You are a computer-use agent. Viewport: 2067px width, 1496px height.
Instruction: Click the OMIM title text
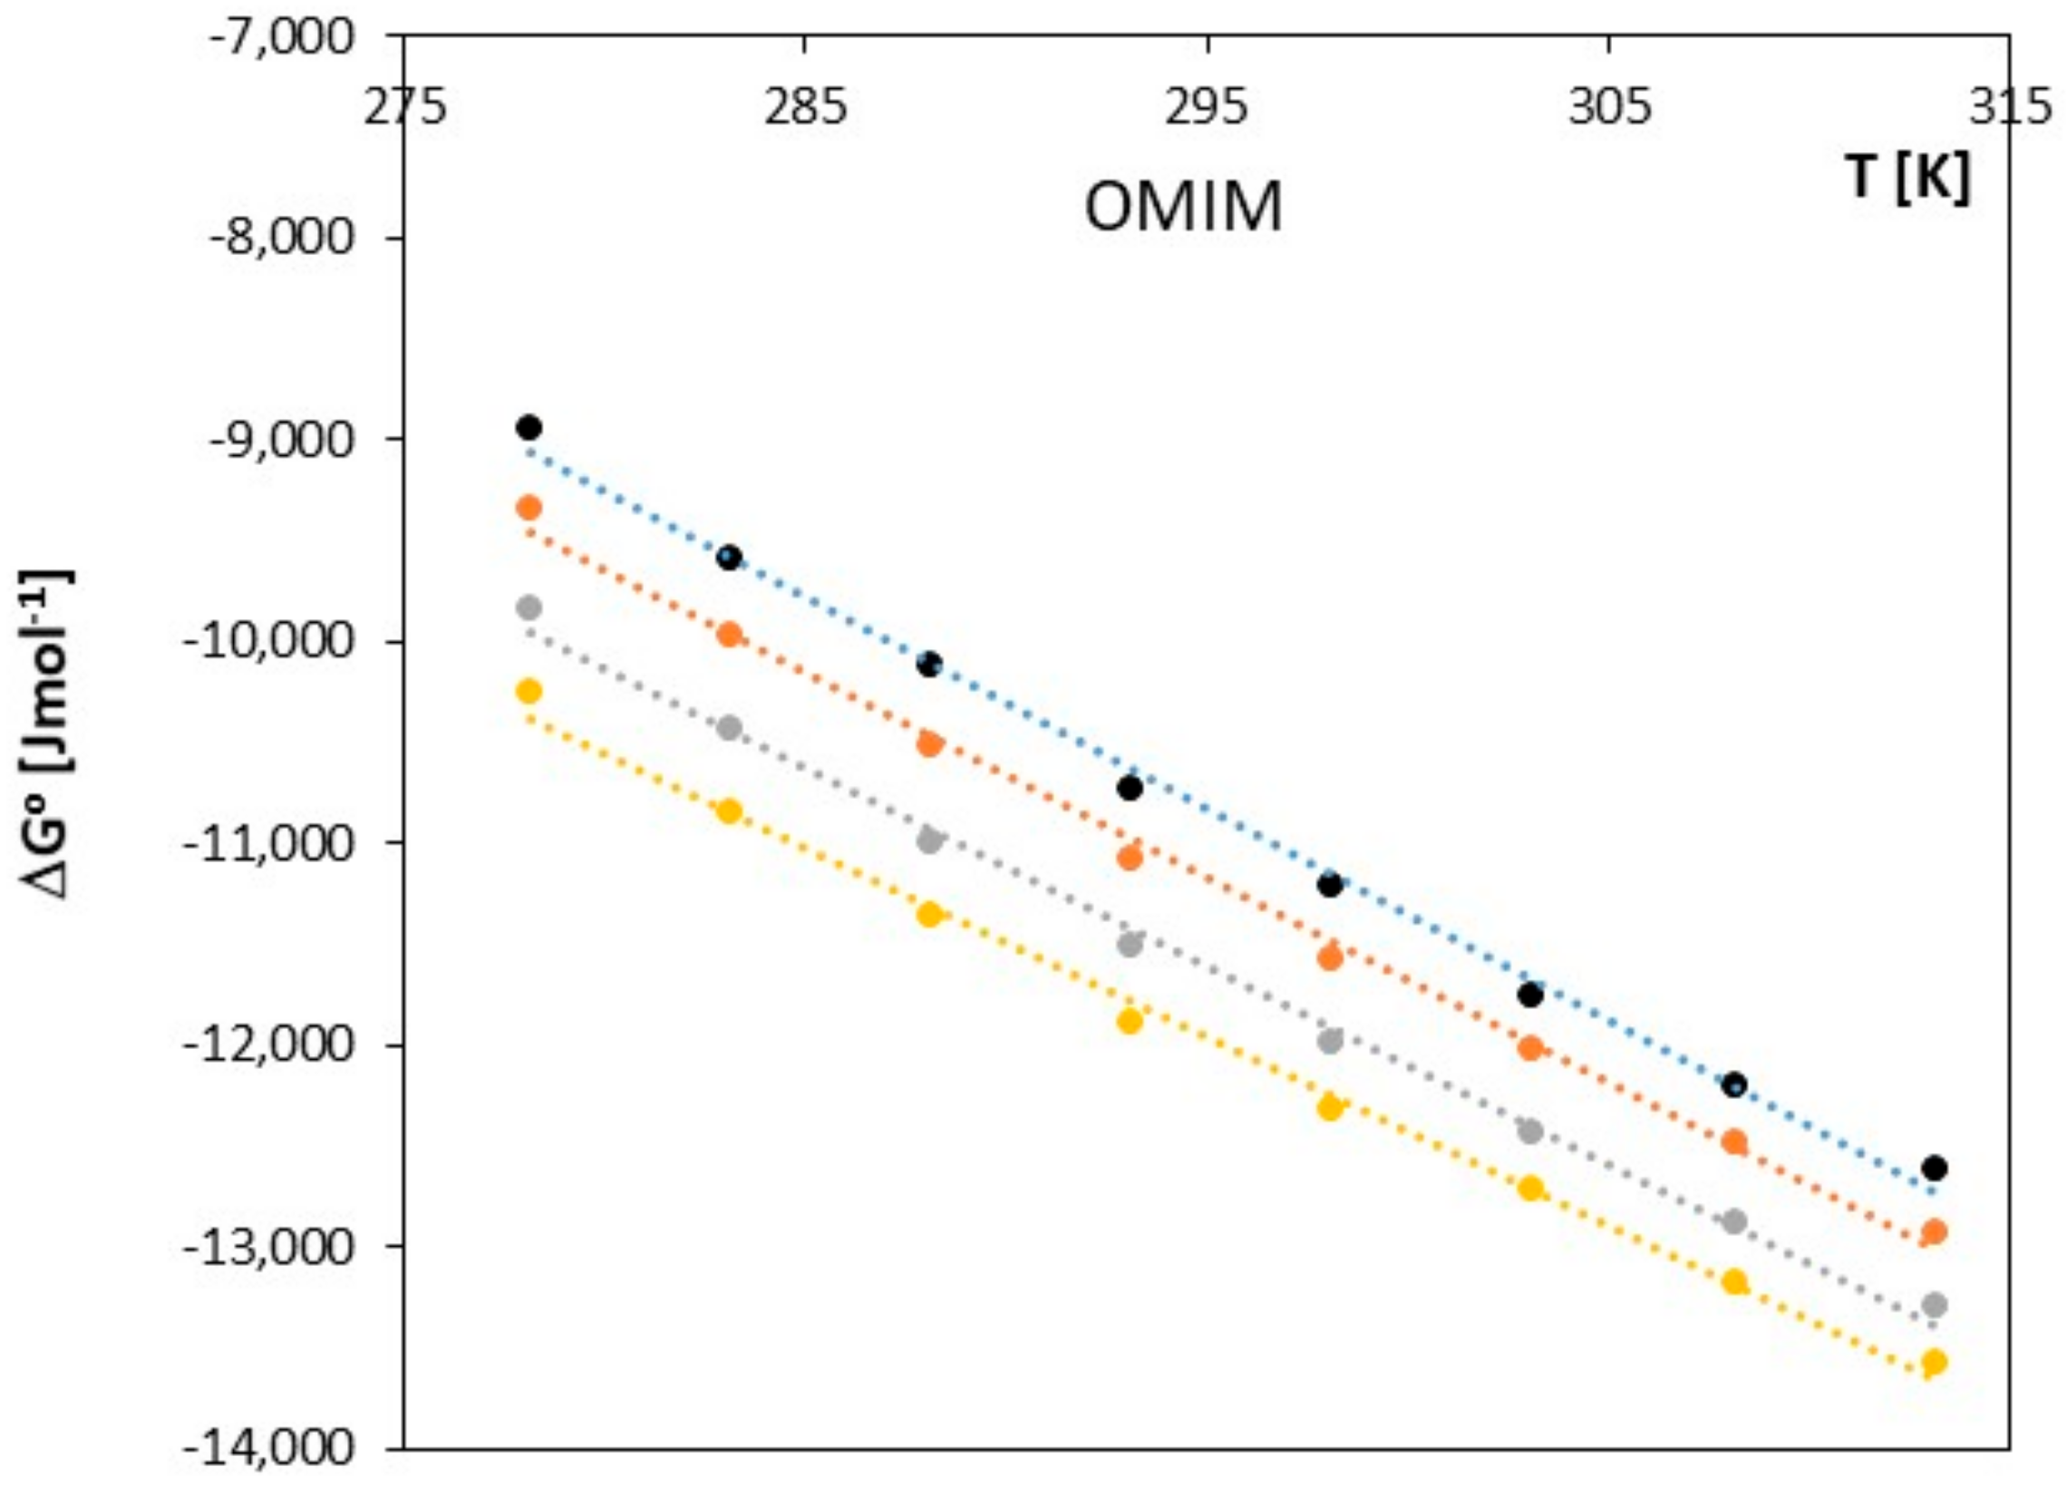coord(1183,208)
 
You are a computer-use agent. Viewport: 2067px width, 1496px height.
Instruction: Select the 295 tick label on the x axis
coord(1208,109)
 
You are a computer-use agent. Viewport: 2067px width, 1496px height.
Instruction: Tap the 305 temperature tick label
coord(1608,109)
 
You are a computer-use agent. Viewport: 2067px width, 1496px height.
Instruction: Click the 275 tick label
coord(404,109)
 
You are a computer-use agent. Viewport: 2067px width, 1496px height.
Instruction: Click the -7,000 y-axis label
coord(282,38)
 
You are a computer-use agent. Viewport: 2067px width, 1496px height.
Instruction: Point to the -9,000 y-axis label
coord(282,441)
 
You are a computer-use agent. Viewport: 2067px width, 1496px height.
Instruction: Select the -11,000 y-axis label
coord(274,842)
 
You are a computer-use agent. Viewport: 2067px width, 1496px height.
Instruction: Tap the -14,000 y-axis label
coord(274,1448)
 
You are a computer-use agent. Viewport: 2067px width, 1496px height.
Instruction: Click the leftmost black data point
coord(529,427)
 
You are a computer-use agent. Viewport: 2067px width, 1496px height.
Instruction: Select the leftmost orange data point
coord(529,508)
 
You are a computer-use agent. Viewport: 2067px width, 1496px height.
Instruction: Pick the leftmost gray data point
coord(529,607)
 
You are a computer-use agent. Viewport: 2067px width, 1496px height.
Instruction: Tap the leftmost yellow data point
coord(529,690)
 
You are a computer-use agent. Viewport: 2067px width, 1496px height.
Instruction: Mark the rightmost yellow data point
coord(1934,1387)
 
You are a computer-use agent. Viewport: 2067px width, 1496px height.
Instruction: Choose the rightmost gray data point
coord(1934,1305)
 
